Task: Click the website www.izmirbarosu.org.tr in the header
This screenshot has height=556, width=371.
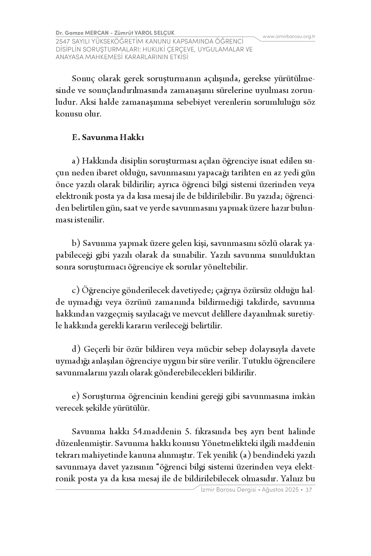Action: pyautogui.click(x=289, y=36)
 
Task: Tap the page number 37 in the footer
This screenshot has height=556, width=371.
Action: pyautogui.click(x=309, y=490)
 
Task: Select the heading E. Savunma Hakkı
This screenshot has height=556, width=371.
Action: pyautogui.click(x=108, y=137)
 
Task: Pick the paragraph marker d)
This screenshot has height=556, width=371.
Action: pyautogui.click(x=76, y=349)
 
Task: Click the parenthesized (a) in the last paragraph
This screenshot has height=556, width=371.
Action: pyautogui.click(x=245, y=455)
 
